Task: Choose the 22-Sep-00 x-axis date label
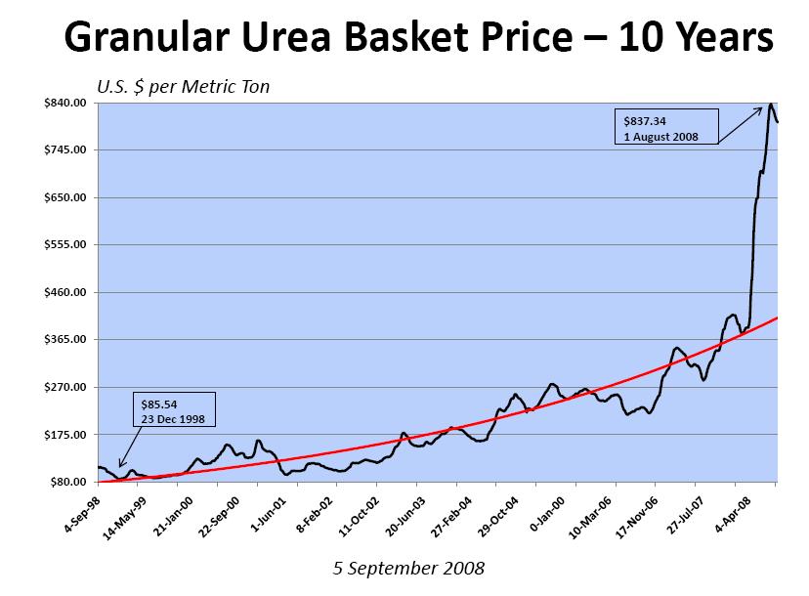tap(241, 509)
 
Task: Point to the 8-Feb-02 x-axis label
tap(322, 508)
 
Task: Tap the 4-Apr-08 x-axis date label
tap(760, 507)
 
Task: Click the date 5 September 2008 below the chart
tap(407, 568)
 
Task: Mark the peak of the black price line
tap(770, 104)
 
